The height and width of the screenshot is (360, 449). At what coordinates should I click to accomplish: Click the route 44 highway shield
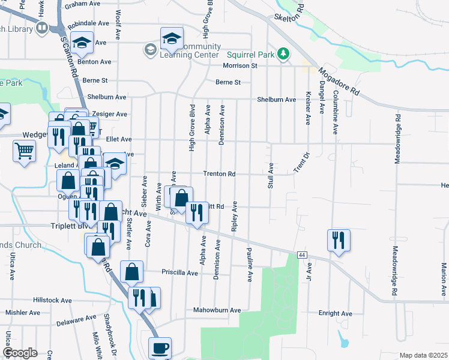pyautogui.click(x=301, y=256)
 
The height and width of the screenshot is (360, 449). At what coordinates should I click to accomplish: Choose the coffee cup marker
pyautogui.click(x=160, y=347)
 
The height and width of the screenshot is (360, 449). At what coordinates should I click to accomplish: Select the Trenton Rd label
pyautogui.click(x=218, y=174)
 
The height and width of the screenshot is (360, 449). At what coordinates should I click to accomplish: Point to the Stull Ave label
pyautogui.click(x=271, y=175)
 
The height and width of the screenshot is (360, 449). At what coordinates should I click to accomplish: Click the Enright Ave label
pyautogui.click(x=335, y=313)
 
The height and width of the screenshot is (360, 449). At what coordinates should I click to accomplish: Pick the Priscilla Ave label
pyautogui.click(x=179, y=272)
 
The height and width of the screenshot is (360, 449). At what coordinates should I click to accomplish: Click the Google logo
pyautogui.click(x=20, y=353)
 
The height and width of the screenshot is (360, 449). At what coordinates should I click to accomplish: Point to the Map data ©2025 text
pyautogui.click(x=423, y=355)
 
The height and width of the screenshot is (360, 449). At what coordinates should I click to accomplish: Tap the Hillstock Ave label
pyautogui.click(x=53, y=300)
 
